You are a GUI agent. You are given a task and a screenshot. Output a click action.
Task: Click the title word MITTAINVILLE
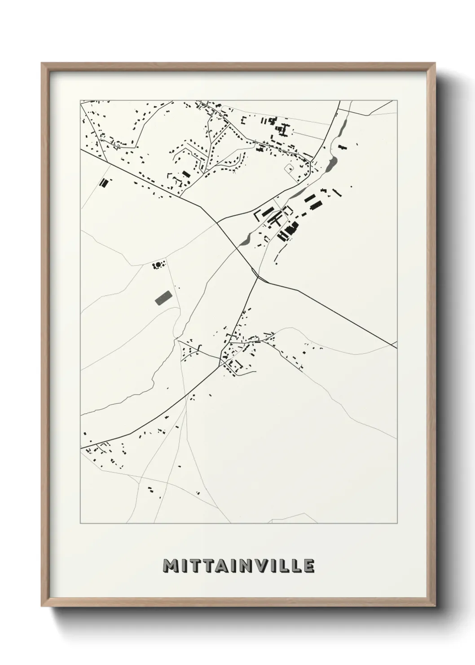click(x=238, y=566)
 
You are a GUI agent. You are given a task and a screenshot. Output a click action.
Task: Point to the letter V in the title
click(x=264, y=566)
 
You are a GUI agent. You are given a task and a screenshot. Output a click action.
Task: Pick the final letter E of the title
click(x=308, y=566)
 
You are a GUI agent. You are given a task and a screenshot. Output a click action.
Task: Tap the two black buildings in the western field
click(x=104, y=182)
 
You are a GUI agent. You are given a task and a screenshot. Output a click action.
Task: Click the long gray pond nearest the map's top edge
click(x=344, y=122)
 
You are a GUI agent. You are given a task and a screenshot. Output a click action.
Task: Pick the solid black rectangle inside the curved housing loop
click(x=186, y=173)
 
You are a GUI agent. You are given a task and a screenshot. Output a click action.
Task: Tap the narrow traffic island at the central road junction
click(x=255, y=272)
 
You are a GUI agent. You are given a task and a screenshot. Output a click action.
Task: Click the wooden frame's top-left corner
click(x=42, y=63)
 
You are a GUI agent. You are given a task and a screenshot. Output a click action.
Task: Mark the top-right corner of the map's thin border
click(x=397, y=100)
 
